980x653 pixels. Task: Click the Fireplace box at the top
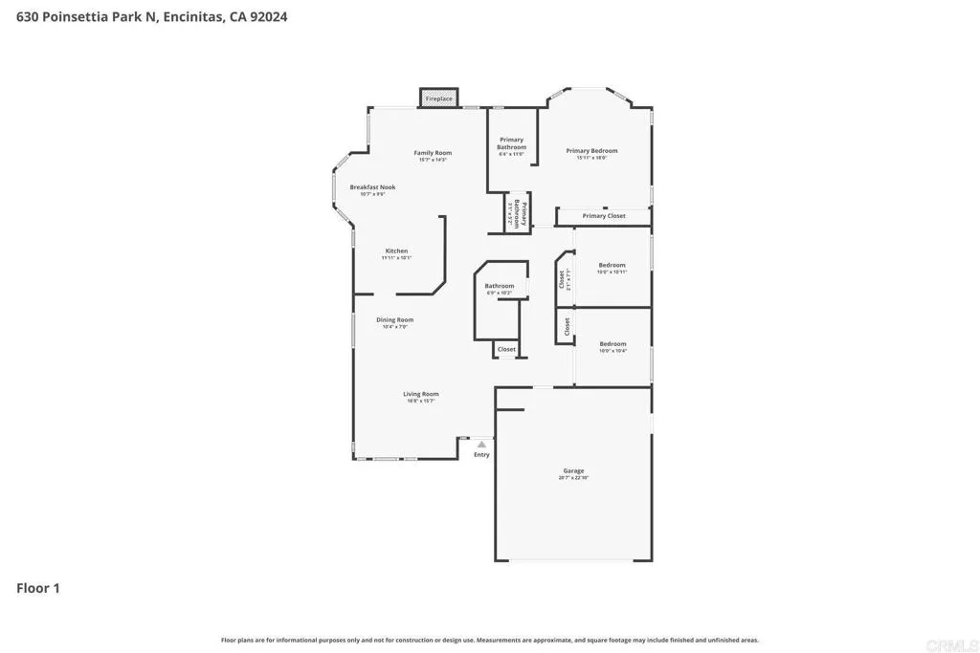click(x=438, y=98)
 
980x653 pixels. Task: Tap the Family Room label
click(x=433, y=153)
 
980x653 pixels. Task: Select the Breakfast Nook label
click(x=372, y=187)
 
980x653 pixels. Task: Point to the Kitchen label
click(x=396, y=251)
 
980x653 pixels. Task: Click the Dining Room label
click(x=394, y=320)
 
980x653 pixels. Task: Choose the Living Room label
click(x=420, y=394)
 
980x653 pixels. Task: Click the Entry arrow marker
click(x=481, y=445)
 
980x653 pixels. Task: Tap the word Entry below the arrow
click(x=481, y=455)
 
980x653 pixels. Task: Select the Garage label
click(x=573, y=472)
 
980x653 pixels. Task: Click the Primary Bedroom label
click(x=591, y=151)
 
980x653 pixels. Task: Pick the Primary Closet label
click(x=604, y=216)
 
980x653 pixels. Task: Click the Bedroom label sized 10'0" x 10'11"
click(x=612, y=265)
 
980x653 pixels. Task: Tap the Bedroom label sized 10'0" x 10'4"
click(x=612, y=344)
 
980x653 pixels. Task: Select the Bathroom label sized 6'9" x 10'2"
click(x=499, y=286)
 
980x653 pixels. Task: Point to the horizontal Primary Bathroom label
click(x=511, y=143)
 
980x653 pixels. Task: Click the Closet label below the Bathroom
click(x=506, y=349)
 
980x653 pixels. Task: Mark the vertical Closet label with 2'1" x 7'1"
click(x=563, y=279)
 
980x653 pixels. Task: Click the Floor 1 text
click(x=38, y=589)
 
